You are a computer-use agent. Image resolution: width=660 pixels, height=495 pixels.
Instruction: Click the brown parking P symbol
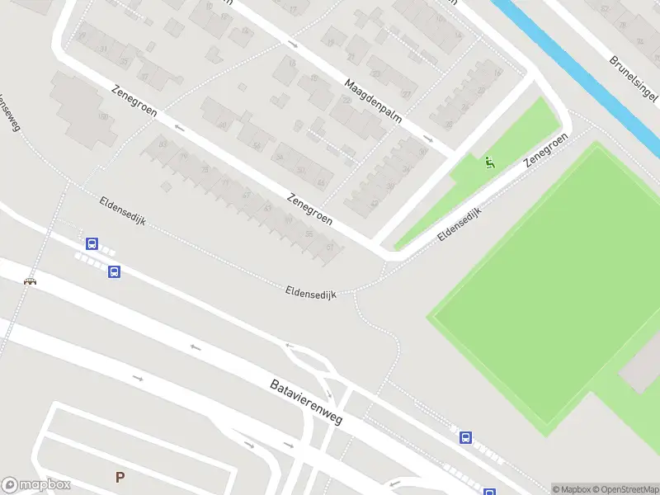120,477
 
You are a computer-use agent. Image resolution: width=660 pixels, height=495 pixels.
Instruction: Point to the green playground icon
489,163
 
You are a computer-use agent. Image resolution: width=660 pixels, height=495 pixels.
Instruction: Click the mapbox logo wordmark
36,485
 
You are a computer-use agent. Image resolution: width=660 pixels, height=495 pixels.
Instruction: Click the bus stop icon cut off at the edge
490,491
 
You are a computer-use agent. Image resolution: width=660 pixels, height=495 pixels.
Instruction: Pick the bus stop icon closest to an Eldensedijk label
92,244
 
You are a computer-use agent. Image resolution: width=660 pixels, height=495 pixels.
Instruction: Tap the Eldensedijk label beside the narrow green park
460,224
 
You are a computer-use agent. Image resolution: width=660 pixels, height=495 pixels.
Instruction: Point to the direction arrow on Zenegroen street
179,128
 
